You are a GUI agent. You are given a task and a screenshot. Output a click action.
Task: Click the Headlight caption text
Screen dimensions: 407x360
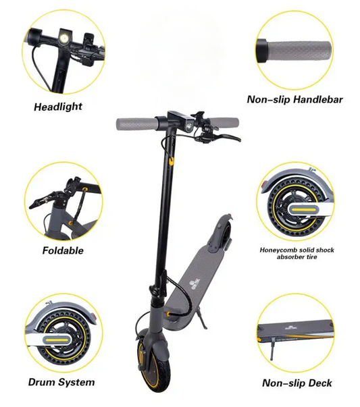click(58, 106)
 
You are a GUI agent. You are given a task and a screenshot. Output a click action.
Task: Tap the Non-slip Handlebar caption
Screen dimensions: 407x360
click(294, 99)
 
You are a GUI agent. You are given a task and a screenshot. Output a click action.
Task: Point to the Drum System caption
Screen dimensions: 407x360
click(61, 382)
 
